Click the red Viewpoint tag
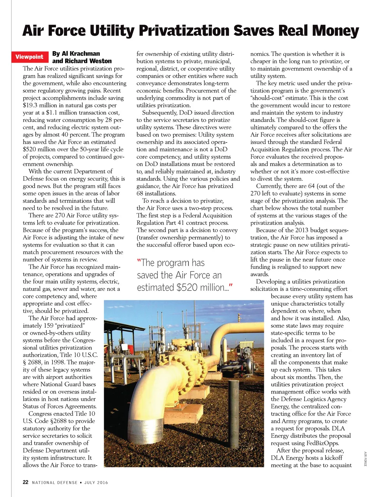(29, 57)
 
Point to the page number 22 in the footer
(25, 482)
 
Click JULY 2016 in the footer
(96, 483)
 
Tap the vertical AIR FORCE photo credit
(365, 459)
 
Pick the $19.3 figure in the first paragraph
(30, 105)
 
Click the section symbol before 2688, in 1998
(25, 362)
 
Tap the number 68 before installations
(140, 194)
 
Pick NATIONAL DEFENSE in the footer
(55, 483)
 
